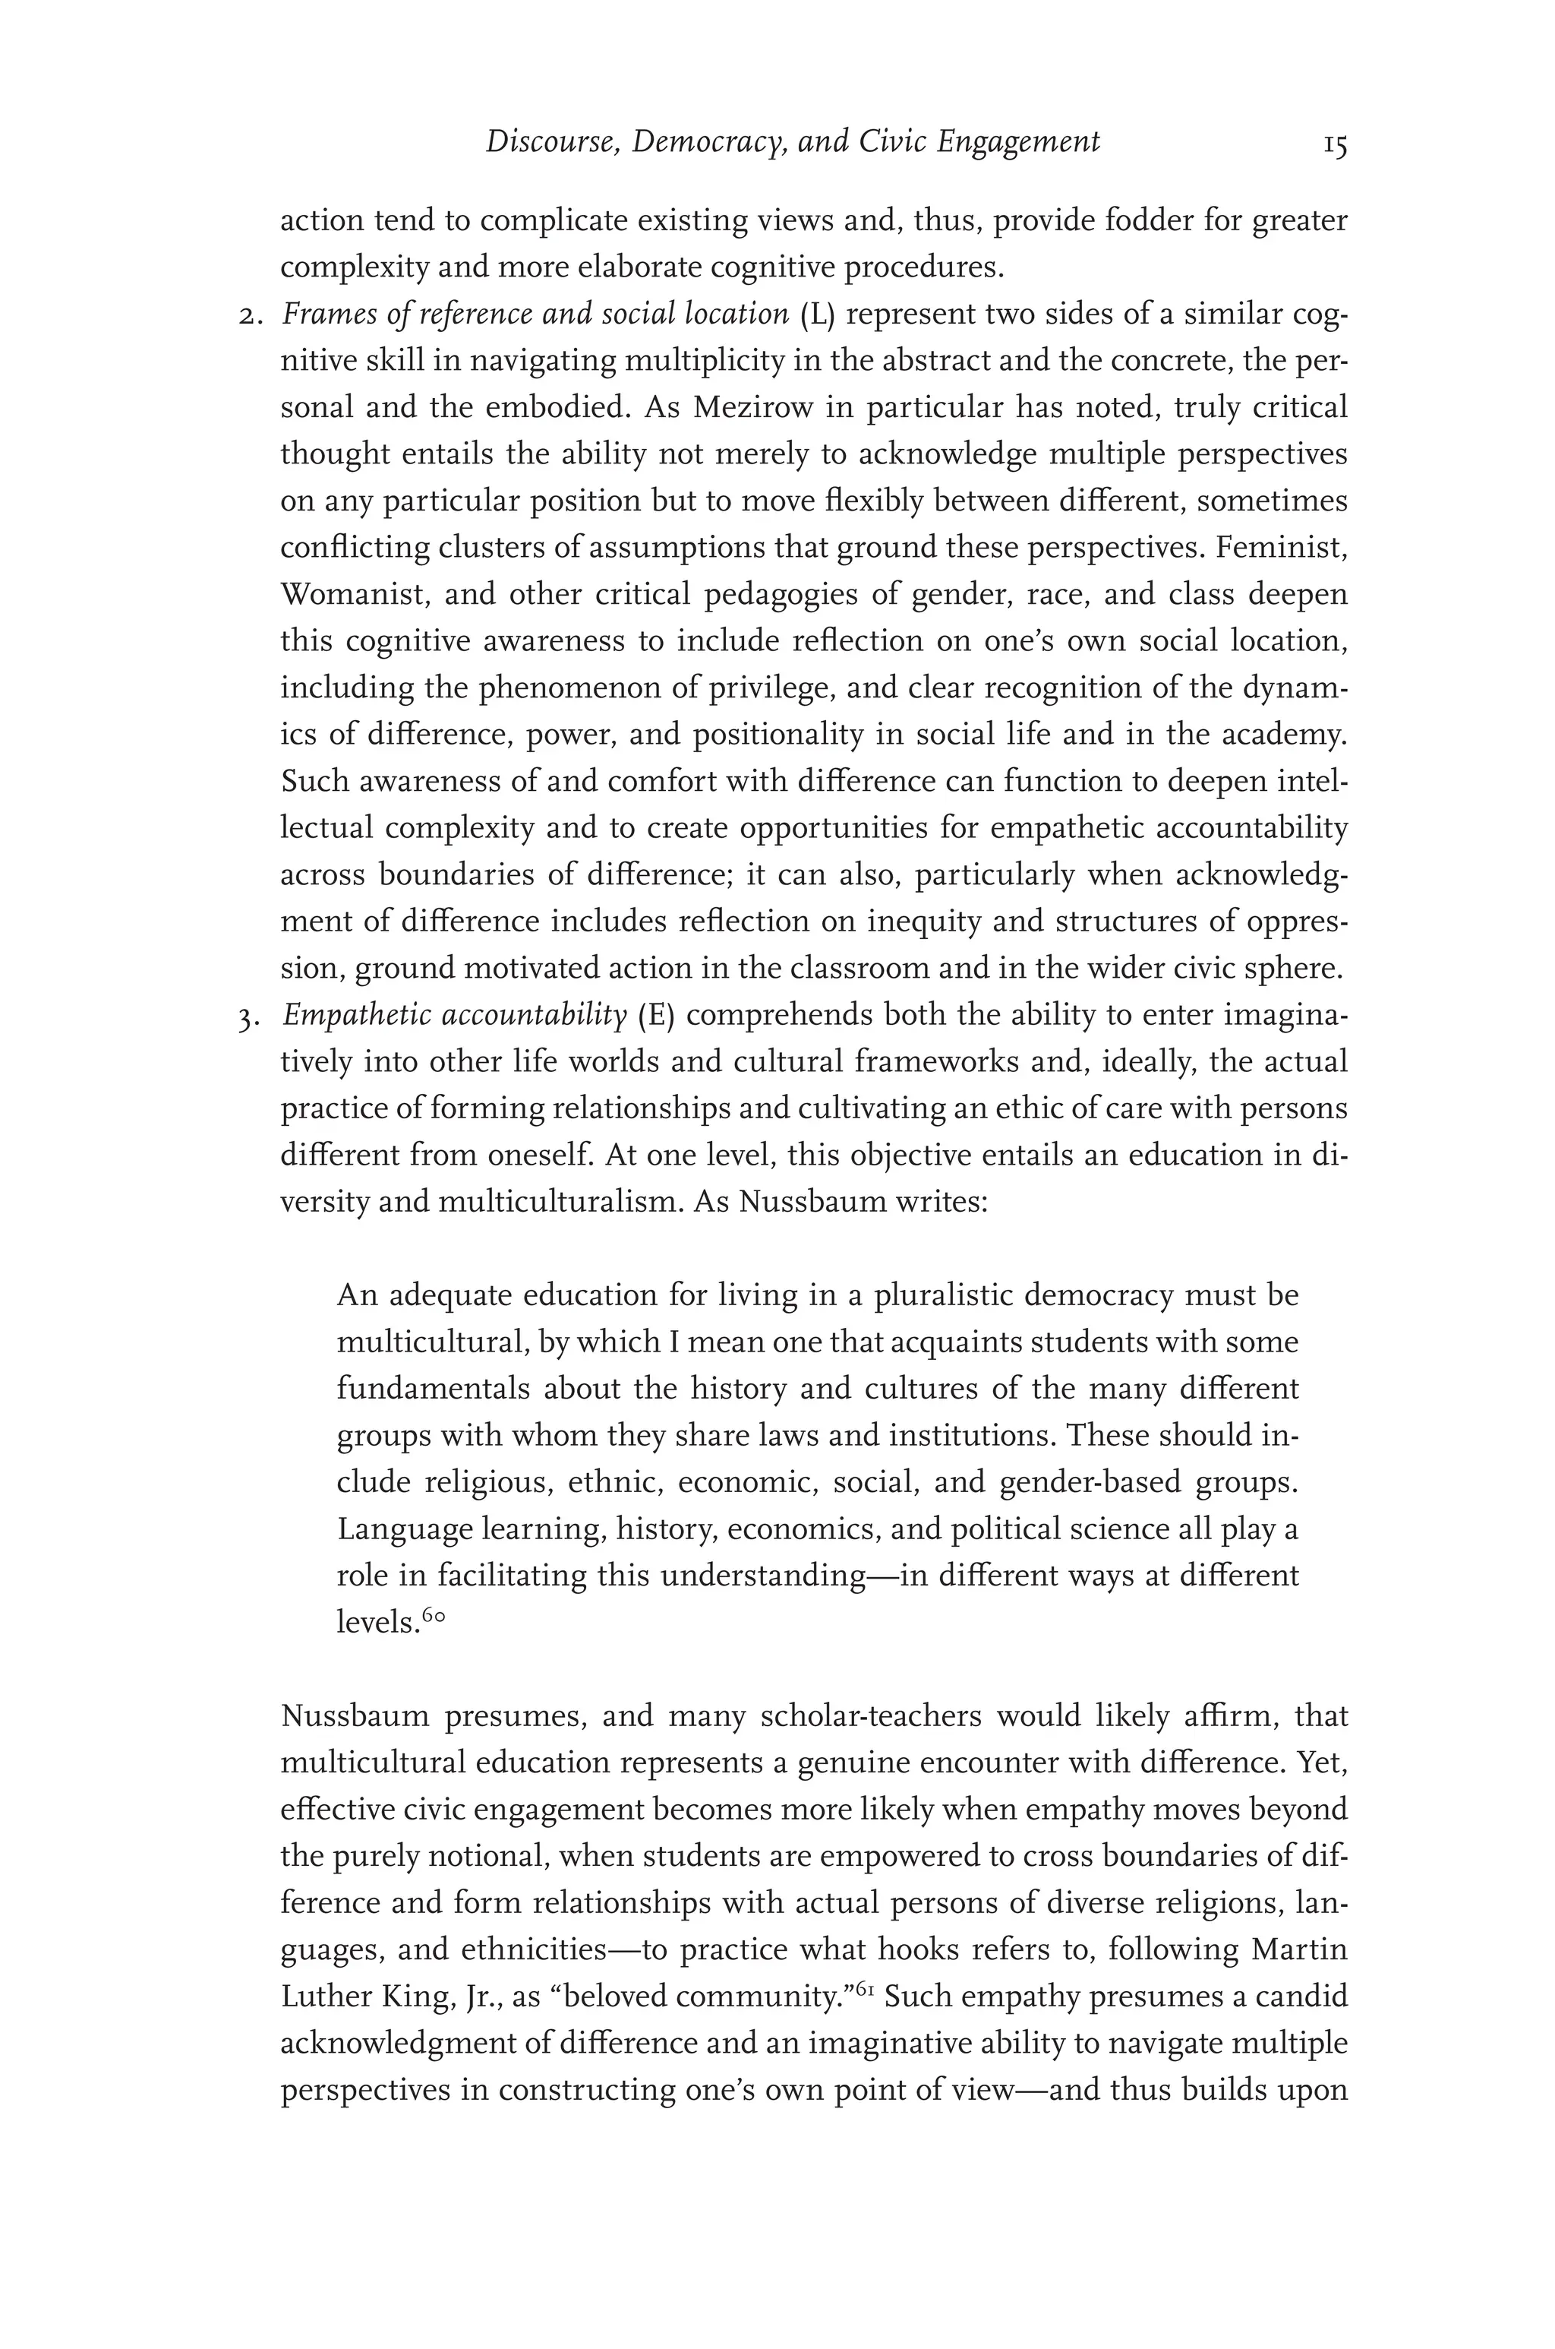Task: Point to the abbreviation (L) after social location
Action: point(817,315)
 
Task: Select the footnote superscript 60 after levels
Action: point(434,1616)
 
